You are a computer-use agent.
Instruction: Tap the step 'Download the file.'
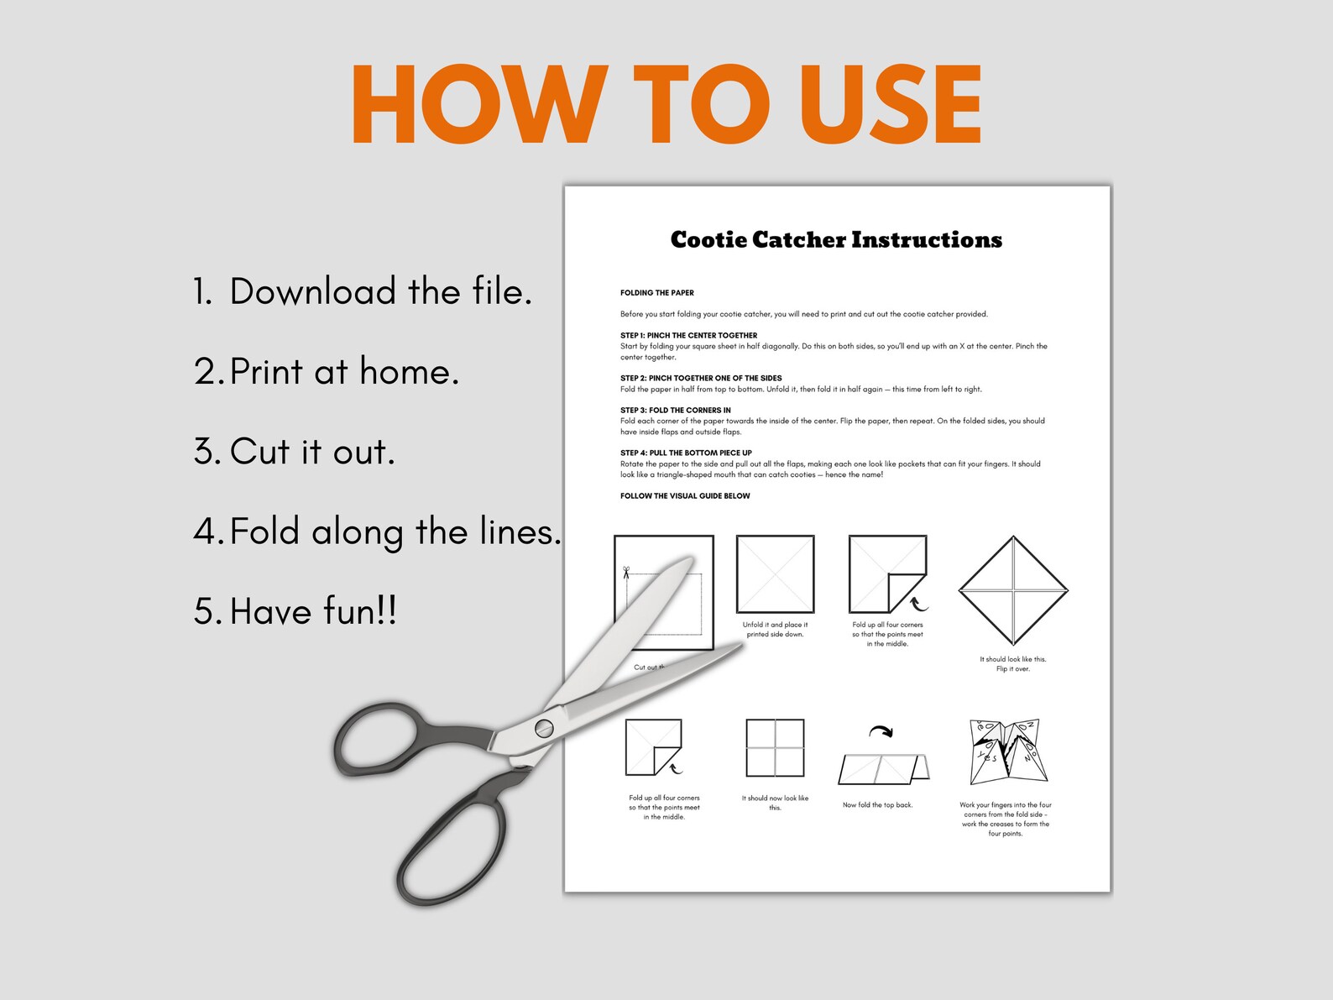(363, 292)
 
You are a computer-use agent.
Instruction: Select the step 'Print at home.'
(327, 372)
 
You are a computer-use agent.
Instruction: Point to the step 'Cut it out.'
(294, 452)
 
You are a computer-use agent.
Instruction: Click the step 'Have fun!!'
(295, 611)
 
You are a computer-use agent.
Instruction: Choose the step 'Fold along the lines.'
(377, 532)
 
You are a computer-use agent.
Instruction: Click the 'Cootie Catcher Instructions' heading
(836, 240)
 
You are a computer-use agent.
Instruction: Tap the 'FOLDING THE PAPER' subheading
(657, 293)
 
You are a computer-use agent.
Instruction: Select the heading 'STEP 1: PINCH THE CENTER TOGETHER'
(688, 335)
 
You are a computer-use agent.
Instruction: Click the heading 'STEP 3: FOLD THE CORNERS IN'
(676, 411)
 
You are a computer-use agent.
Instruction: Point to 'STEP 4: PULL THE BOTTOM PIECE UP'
(686, 453)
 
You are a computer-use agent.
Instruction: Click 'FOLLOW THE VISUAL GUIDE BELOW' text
(685, 496)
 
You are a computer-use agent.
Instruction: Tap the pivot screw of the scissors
(544, 728)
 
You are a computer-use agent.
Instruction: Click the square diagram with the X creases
(775, 574)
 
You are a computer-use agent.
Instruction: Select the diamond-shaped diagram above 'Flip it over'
(1013, 591)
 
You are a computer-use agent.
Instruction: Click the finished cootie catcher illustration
(1008, 751)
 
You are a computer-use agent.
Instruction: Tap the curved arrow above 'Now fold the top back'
(881, 732)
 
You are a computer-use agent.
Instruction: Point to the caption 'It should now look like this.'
(775, 803)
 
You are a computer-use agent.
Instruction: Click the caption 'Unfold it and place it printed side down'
(775, 630)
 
